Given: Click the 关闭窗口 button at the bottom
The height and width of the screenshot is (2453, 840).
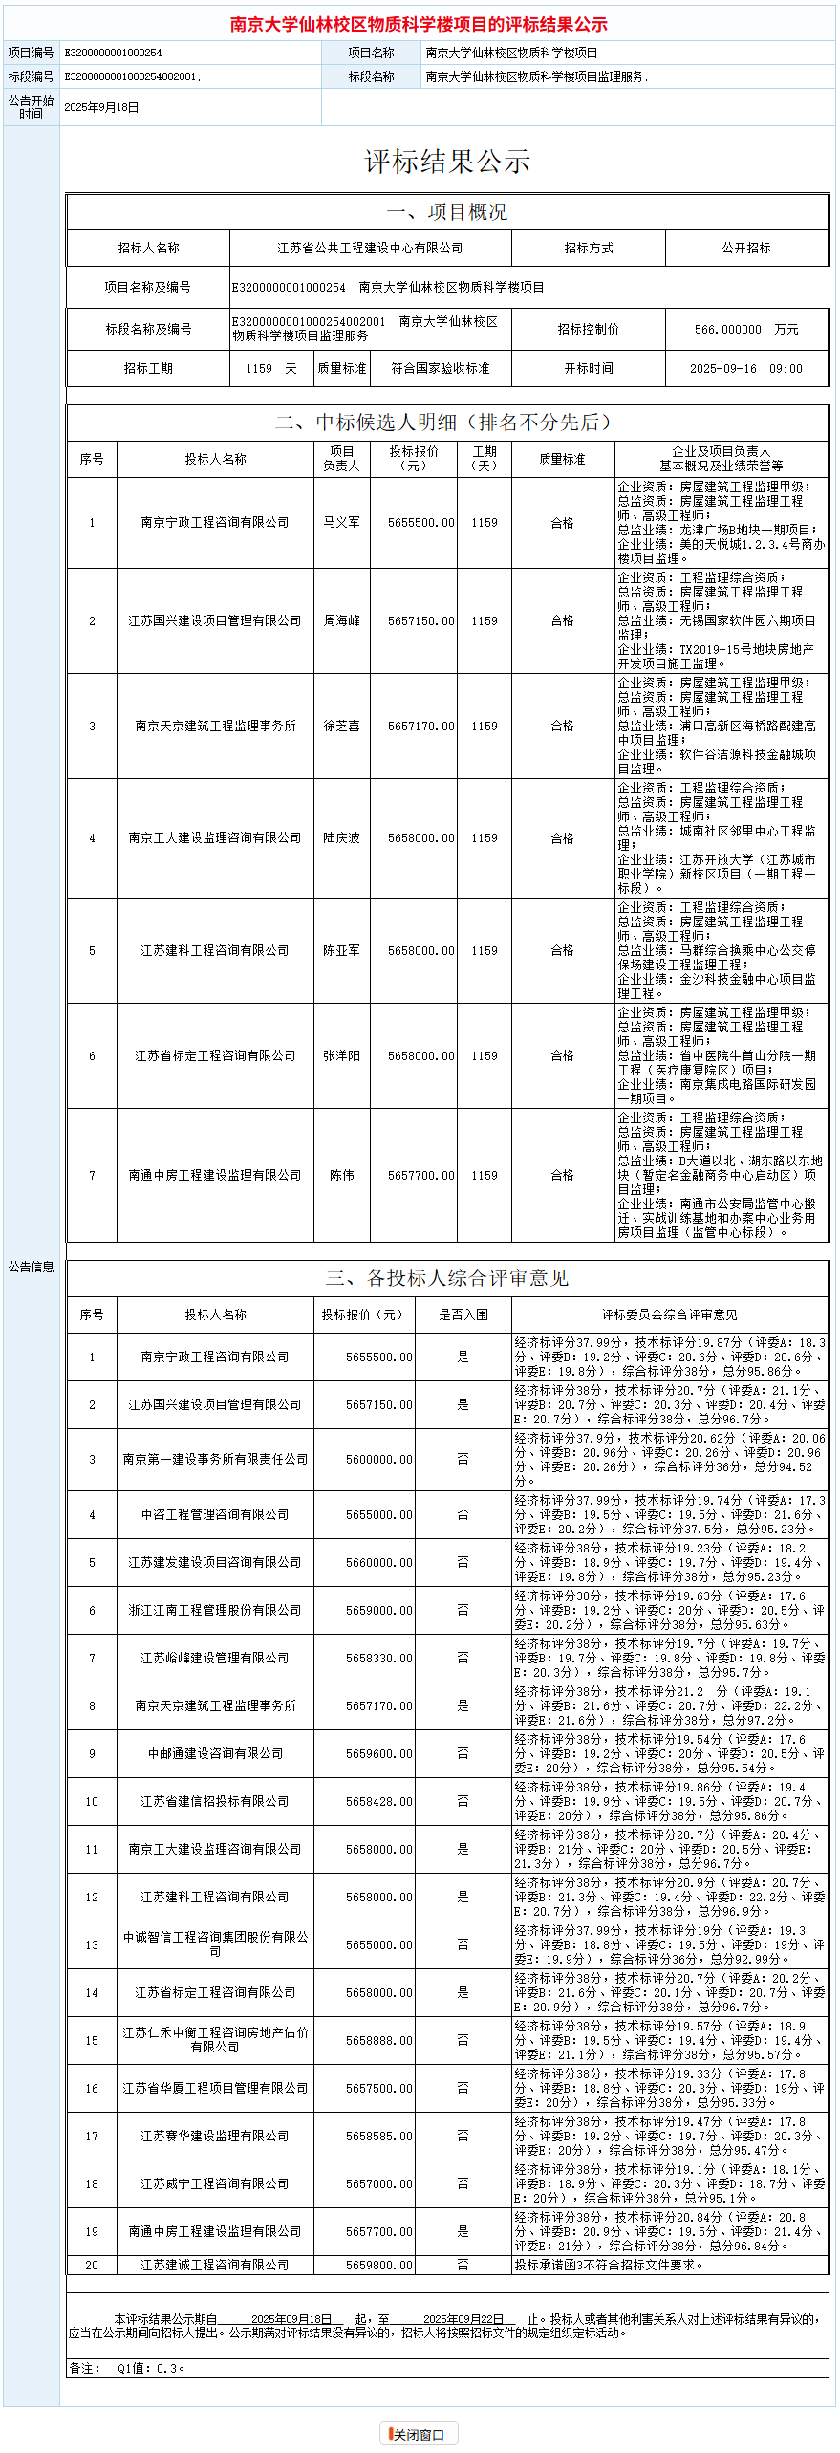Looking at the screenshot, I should (419, 2434).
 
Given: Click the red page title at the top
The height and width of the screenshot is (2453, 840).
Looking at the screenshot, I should (419, 24).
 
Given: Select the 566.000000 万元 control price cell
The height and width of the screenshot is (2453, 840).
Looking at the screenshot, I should (745, 329).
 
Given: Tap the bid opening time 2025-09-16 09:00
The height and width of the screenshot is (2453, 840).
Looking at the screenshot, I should (745, 368).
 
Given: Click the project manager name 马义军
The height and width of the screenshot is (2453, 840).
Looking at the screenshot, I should (341, 522).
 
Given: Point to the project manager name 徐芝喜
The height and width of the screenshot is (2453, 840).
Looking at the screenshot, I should (341, 726).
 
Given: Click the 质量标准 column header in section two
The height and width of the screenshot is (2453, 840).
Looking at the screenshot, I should (562, 459).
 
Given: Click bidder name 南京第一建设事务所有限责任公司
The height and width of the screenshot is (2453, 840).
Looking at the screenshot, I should (215, 1459).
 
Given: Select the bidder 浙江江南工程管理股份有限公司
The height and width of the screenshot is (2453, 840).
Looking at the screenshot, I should (215, 1610).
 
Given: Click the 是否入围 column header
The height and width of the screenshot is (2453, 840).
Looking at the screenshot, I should (463, 1314).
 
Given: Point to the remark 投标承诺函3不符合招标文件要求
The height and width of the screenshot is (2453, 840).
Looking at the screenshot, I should (608, 2265).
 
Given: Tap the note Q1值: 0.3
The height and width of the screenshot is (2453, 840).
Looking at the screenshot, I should (151, 2368).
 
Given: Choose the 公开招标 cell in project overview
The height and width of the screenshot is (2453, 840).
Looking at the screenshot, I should (745, 248).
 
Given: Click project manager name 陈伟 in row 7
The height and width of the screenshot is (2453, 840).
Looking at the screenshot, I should (341, 1175).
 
